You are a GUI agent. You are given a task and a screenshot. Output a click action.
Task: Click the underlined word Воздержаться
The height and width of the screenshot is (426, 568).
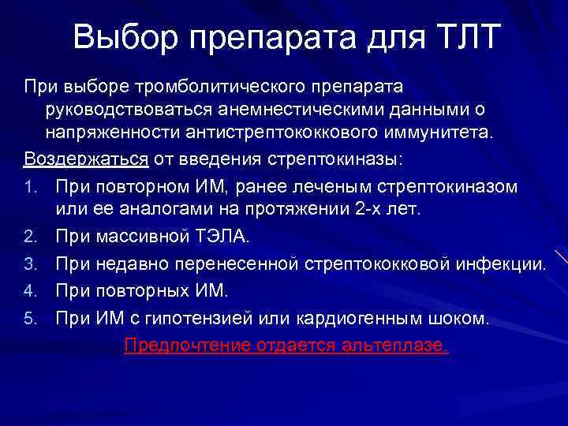(86, 159)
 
